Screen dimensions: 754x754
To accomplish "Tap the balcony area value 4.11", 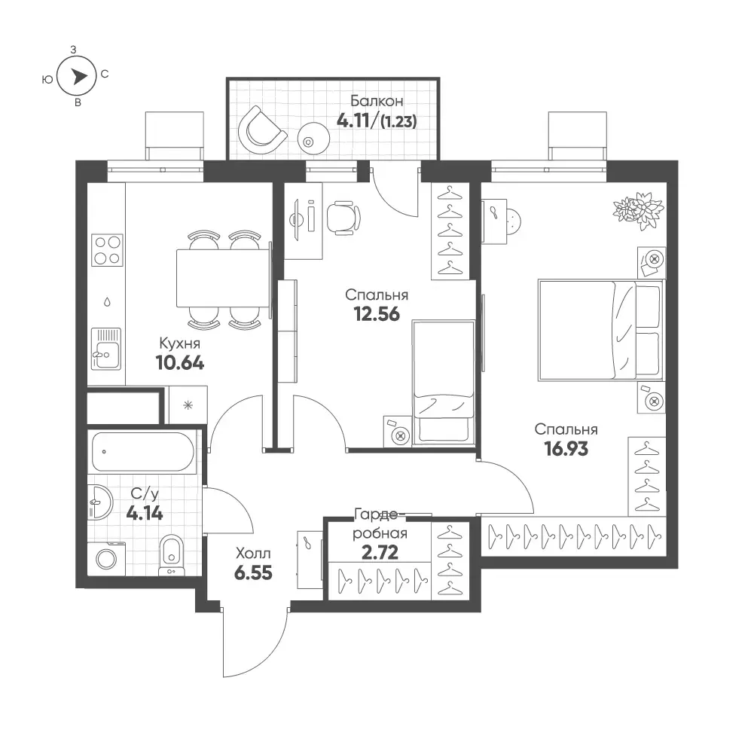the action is coord(353,121).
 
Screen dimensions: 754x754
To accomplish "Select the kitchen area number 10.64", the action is coord(180,362).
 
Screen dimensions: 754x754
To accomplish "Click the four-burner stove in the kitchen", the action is coord(107,250).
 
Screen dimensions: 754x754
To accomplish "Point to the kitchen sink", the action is coord(106,349).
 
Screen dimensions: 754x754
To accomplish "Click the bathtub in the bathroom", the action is coord(143,452).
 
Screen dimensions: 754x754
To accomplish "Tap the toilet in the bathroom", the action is coord(171,555).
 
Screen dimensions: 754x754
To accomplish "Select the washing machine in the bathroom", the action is coord(106,558).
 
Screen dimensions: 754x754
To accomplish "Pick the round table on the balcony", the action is coord(313,139).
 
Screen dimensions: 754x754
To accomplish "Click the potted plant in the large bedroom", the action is coord(639,210).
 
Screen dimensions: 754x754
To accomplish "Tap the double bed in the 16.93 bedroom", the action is coord(600,331).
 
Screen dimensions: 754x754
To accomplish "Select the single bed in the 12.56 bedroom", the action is coord(443,382).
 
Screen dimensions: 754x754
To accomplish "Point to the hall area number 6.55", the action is coord(253,572).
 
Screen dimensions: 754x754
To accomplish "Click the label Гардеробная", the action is coord(380,524).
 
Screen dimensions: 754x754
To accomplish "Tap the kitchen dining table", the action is coord(223,278).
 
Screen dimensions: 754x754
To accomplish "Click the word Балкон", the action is coord(377,101).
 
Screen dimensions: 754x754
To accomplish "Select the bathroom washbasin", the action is coord(100,502).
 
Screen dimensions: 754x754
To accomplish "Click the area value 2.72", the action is coord(380,553).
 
